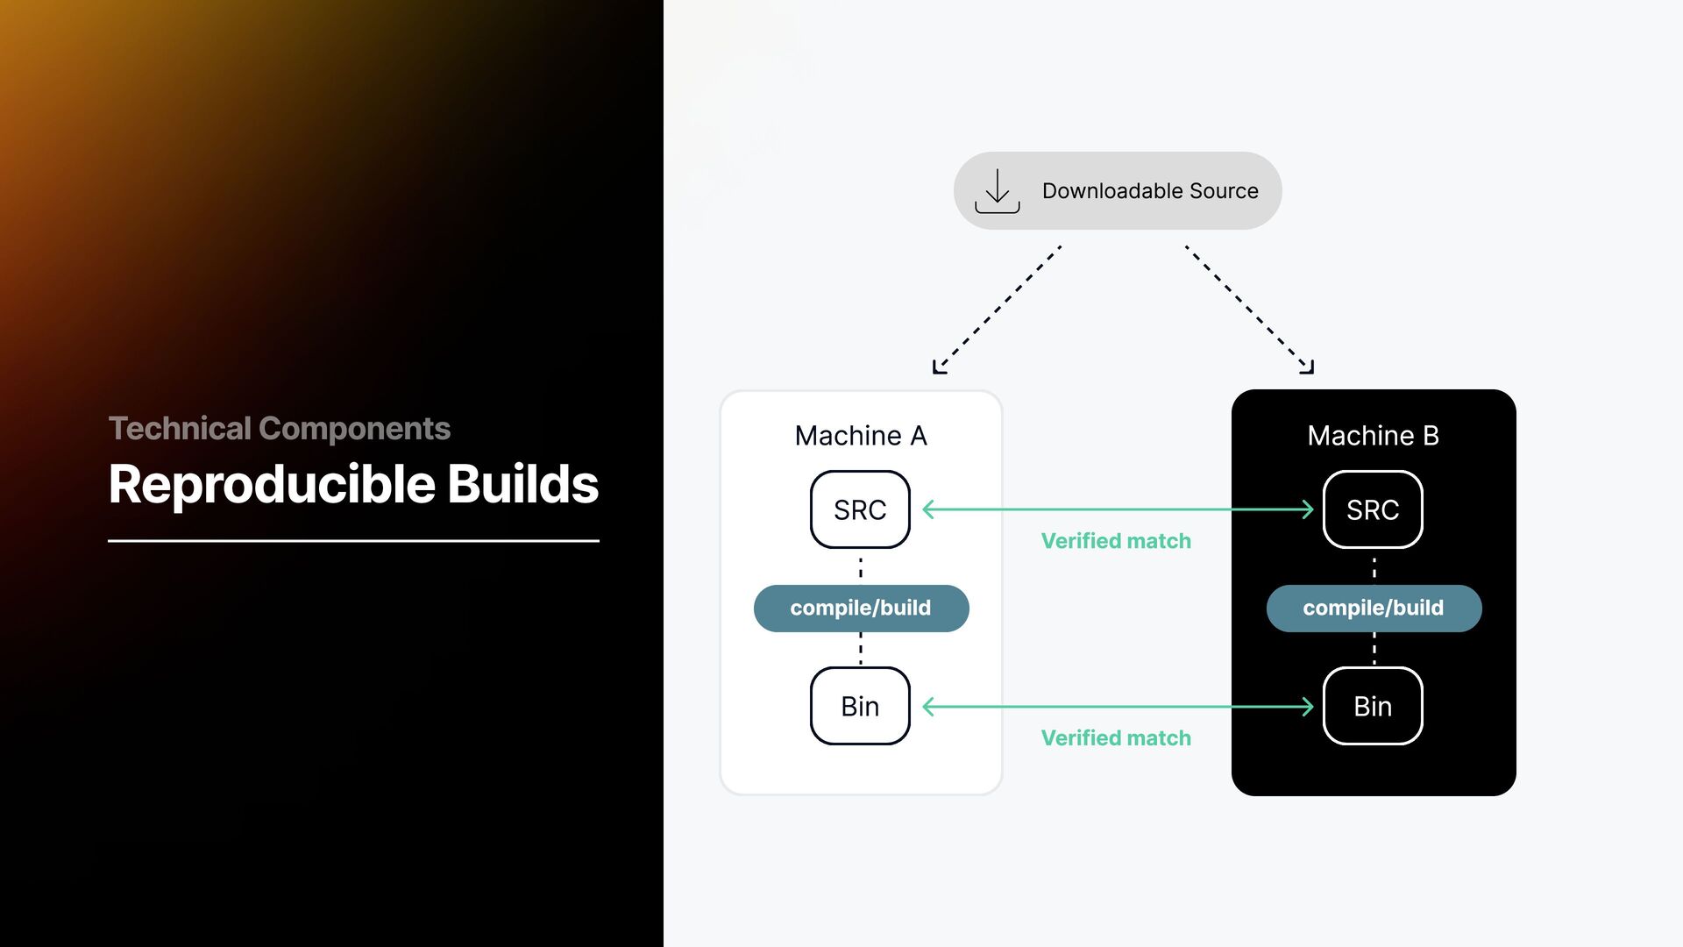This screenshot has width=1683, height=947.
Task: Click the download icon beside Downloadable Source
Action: click(997, 191)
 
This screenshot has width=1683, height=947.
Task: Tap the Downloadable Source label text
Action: click(1149, 191)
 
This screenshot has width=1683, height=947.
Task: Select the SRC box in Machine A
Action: click(860, 509)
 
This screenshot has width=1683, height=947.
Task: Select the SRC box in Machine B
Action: click(1372, 509)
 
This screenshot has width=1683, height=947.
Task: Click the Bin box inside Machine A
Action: click(860, 706)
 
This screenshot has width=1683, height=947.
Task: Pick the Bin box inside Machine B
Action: click(1372, 706)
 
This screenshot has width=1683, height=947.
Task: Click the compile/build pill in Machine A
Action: click(861, 608)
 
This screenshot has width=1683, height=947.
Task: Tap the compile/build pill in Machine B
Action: click(1374, 608)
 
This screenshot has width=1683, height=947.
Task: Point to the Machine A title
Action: click(860, 436)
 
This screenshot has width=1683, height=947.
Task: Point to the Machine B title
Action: click(1373, 436)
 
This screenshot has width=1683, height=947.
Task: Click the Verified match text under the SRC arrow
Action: click(1115, 541)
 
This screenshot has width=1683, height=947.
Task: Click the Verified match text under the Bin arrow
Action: click(1115, 738)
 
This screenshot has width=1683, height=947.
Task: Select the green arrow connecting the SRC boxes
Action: click(1118, 509)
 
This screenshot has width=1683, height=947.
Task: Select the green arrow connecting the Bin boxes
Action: click(1118, 707)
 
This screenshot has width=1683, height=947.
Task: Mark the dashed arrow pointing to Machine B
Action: click(1248, 308)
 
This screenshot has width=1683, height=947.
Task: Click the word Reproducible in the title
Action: click(272, 484)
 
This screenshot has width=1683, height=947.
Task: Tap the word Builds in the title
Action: click(522, 484)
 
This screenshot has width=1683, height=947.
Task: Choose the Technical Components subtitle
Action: click(279, 429)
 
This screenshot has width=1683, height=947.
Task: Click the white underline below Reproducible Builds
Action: click(353, 541)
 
